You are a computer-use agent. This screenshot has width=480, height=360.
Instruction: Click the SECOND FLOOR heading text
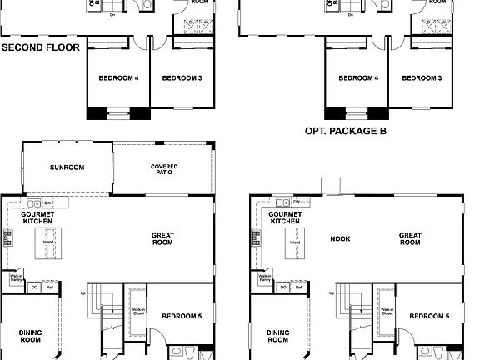[41, 47]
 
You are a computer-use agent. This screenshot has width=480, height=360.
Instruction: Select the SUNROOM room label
[67, 167]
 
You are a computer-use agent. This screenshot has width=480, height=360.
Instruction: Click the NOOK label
[339, 239]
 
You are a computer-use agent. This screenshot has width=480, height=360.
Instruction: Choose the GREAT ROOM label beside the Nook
[409, 238]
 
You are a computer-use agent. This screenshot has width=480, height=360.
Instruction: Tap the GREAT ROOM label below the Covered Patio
[162, 239]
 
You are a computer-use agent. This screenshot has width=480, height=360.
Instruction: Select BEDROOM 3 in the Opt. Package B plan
[422, 78]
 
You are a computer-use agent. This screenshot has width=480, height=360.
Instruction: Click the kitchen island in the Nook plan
[293, 243]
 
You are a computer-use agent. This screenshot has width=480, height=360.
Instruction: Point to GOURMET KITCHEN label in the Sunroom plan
[37, 217]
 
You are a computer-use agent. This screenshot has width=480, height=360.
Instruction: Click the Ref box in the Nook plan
[296, 287]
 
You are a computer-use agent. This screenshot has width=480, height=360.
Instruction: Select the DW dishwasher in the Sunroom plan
[48, 202]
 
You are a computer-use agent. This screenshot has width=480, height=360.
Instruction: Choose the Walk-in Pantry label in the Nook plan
[264, 278]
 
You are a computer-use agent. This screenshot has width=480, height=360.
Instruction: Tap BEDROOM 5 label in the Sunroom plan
[181, 317]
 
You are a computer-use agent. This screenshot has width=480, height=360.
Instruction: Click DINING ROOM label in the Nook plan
[278, 336]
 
